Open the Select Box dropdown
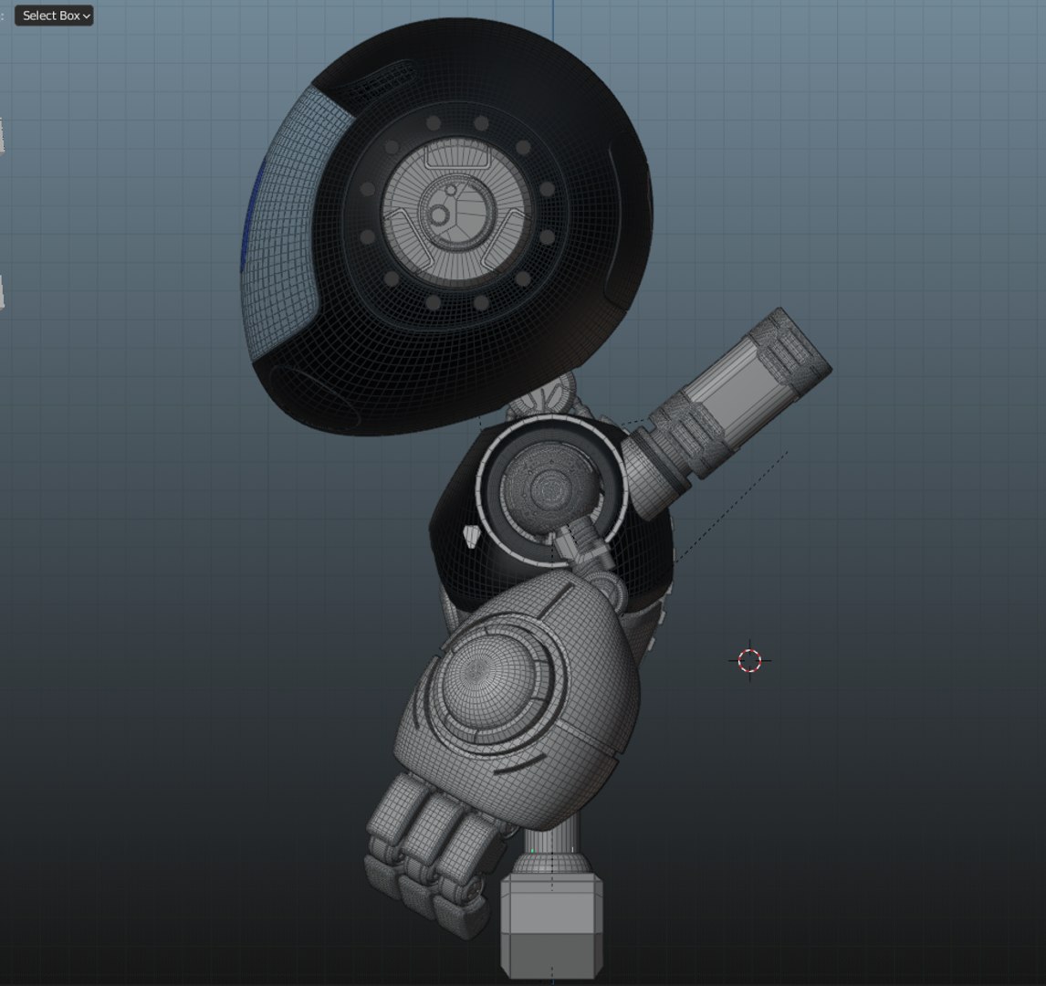pos(54,16)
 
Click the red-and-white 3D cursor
pos(749,660)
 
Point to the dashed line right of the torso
pos(730,502)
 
